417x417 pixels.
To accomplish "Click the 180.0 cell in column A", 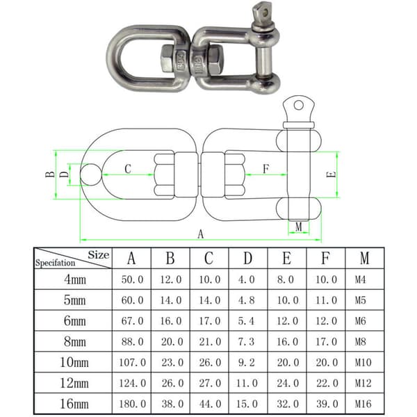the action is point(133,404).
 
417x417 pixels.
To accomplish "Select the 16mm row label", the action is point(74,404).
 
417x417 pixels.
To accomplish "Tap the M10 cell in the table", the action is point(363,362).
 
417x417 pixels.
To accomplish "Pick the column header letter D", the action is point(247,258).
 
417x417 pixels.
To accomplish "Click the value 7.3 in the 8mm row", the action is point(246,341).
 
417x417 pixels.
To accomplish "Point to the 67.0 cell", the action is point(133,321).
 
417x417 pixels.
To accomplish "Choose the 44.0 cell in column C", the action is point(210,404).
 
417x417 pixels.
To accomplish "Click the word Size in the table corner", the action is point(99,255).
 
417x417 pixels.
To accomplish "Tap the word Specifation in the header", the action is point(56,263).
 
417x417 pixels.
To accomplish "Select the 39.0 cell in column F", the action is point(327,404).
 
